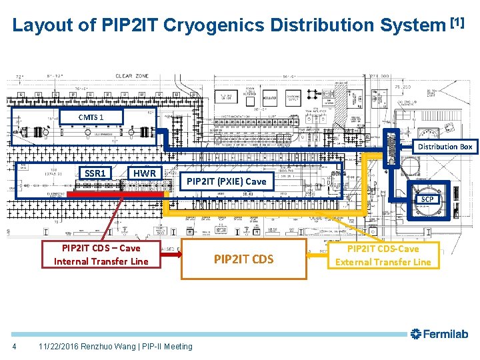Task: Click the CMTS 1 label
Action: click(x=91, y=117)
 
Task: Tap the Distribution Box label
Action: click(x=445, y=147)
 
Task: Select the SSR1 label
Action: click(x=95, y=173)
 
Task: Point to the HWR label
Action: click(x=144, y=173)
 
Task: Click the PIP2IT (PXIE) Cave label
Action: click(x=226, y=181)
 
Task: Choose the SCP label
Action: click(x=427, y=199)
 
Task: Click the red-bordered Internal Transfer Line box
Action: click(x=101, y=255)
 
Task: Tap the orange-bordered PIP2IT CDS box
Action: click(x=243, y=259)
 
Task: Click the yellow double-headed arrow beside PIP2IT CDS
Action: click(x=319, y=253)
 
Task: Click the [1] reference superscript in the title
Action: click(x=457, y=22)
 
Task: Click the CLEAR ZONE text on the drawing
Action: click(x=133, y=77)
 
